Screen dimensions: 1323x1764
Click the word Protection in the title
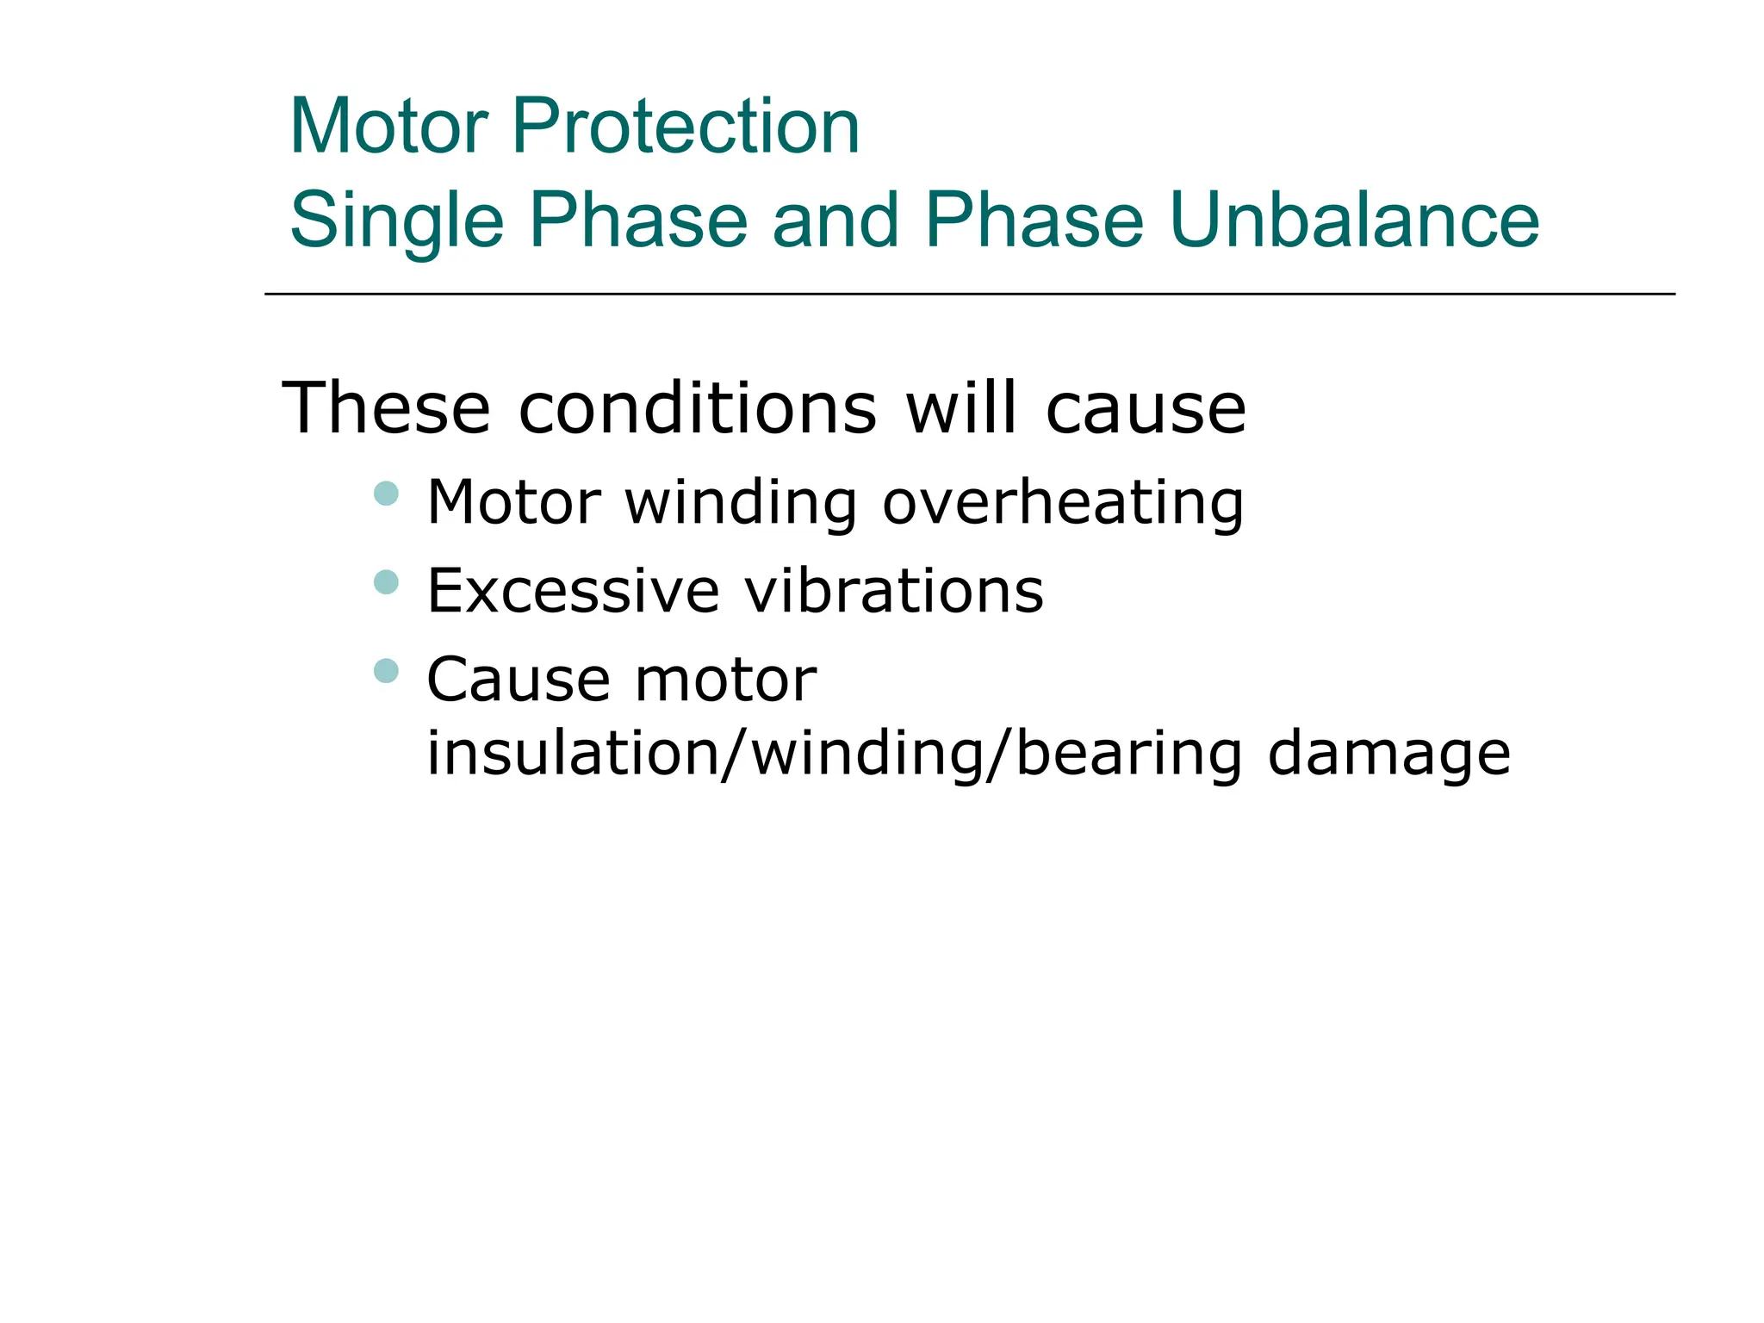[686, 127]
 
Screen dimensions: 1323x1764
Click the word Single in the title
[397, 221]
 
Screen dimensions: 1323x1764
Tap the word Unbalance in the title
[1354, 220]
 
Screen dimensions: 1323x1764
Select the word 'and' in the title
[835, 220]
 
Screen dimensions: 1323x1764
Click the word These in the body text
[386, 408]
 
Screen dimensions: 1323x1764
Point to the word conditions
[698, 408]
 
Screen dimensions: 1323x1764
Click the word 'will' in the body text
[961, 408]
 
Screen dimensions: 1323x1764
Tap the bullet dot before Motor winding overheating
[387, 494]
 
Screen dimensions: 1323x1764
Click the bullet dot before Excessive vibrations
[387, 583]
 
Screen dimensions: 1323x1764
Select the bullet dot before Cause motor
[387, 670]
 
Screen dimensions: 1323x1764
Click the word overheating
[1063, 502]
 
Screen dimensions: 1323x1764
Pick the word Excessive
[573, 592]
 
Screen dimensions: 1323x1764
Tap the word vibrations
[894, 592]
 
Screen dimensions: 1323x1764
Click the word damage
[1388, 754]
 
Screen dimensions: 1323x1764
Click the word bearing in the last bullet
[1128, 754]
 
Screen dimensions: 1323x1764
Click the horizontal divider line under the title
[969, 294]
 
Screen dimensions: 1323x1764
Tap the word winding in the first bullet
[741, 502]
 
